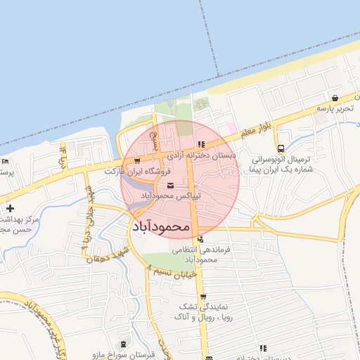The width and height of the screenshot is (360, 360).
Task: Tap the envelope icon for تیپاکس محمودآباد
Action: tap(172, 185)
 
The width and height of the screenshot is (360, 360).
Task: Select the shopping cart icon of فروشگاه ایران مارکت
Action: tap(127, 162)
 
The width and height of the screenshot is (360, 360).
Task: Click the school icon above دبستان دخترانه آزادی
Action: tap(201, 145)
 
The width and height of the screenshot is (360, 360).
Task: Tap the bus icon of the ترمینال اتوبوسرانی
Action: tap(281, 148)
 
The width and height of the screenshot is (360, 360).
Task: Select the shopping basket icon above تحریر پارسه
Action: tap(335, 98)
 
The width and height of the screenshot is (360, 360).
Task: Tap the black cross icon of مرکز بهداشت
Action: tap(10, 208)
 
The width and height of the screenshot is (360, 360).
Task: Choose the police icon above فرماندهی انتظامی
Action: tap(201, 239)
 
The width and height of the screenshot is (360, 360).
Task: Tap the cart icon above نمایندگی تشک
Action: tap(203, 297)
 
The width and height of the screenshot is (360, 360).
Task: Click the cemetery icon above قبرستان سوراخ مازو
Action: tap(124, 344)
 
